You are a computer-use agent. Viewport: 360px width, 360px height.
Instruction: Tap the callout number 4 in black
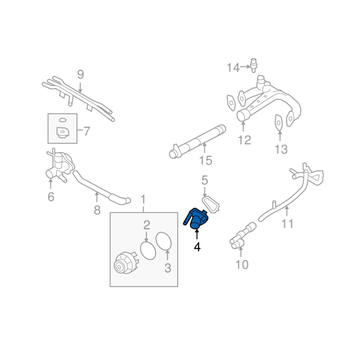tap(197, 247)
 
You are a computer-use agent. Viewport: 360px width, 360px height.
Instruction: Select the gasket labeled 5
tap(211, 204)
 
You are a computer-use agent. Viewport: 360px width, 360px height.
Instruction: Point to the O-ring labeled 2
tap(148, 251)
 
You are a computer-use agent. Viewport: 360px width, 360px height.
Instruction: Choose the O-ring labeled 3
tap(164, 241)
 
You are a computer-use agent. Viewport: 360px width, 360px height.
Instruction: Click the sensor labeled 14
tap(253, 66)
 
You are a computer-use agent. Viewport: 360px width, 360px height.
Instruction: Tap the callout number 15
tap(206, 160)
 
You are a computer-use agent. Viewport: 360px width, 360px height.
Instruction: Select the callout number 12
tap(244, 140)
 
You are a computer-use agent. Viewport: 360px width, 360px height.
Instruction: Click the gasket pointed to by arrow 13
tap(279, 122)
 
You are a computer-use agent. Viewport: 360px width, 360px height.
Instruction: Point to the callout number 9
tap(81, 74)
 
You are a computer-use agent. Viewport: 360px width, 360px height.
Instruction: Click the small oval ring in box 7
tap(63, 120)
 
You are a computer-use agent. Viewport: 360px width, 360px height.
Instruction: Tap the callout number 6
tap(51, 197)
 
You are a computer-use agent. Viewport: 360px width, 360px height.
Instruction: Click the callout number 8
tap(97, 210)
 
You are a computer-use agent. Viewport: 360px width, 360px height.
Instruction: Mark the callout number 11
tap(288, 224)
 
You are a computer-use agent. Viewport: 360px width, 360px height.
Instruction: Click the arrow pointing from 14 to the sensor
tap(245, 67)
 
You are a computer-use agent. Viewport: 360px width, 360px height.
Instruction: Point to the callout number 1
tap(143, 199)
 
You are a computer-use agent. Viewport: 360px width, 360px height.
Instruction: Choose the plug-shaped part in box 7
tap(63, 133)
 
